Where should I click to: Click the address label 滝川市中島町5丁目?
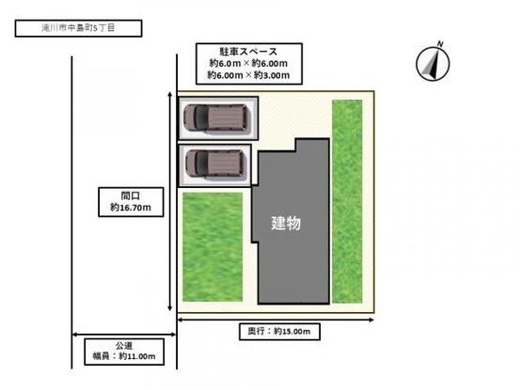(x=79, y=28)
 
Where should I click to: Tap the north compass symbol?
(x=433, y=64)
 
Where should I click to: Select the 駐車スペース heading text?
(x=249, y=52)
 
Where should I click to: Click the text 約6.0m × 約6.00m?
(x=249, y=63)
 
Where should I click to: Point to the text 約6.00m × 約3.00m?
(x=249, y=75)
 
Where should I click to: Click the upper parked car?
(x=216, y=117)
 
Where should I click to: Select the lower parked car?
(x=216, y=164)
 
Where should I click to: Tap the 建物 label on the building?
(x=286, y=223)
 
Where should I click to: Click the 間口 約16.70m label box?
(x=131, y=202)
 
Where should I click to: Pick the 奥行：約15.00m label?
(x=279, y=332)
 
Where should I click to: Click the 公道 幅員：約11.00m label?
(x=124, y=351)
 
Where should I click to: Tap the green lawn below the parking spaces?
(x=213, y=247)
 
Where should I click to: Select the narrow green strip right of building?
(x=347, y=201)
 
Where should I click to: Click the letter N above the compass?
(x=440, y=43)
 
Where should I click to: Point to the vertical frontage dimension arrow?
(x=170, y=201)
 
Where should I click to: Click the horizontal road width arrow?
(x=124, y=335)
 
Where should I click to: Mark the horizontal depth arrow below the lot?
(x=276, y=320)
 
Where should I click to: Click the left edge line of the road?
(x=71, y=212)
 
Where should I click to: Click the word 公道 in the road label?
(x=124, y=346)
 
